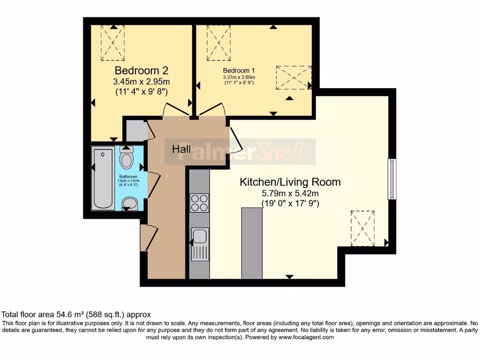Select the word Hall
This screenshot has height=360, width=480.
tap(181, 149)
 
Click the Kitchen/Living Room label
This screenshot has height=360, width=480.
tap(290, 182)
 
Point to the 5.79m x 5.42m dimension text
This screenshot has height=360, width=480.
tap(290, 193)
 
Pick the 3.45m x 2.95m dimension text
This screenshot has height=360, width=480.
tap(141, 82)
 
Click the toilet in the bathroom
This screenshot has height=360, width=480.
tap(127, 158)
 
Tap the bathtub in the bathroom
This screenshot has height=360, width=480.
tap(103, 179)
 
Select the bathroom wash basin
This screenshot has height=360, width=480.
tap(129, 203)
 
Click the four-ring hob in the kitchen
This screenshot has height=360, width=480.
tap(199, 202)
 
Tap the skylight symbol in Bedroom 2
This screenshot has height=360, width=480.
tap(113, 43)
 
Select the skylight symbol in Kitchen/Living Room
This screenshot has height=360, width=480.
tap(363, 228)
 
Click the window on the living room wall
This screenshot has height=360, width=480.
tap(391, 179)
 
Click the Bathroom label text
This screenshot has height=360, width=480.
tap(128, 177)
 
